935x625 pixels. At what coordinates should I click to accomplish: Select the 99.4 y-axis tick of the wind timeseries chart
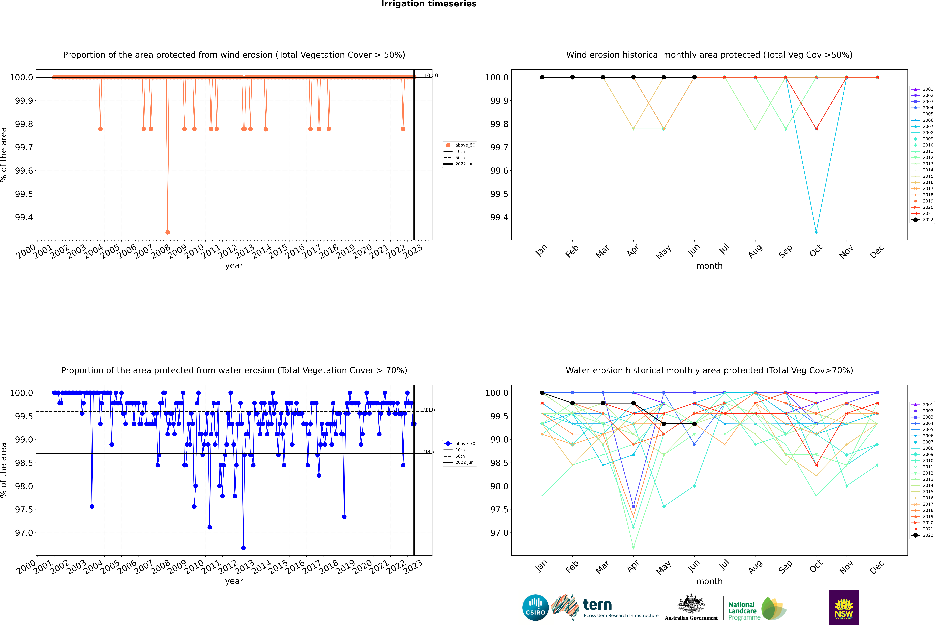coord(24,217)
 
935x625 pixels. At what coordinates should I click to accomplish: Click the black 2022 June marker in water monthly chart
coord(694,424)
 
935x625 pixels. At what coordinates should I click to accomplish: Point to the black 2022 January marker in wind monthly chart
coord(542,77)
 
